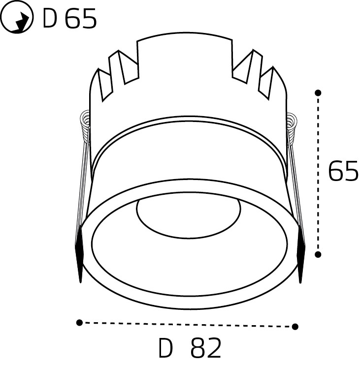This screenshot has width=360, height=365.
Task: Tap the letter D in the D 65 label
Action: (x=50, y=19)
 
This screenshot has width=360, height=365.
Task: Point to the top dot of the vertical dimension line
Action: (x=318, y=92)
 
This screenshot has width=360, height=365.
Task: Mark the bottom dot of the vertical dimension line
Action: (x=318, y=254)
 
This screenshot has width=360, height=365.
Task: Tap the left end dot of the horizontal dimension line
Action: (x=79, y=322)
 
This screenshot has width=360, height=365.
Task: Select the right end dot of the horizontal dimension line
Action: (x=295, y=326)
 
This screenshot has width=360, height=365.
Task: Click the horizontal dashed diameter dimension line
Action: (x=187, y=324)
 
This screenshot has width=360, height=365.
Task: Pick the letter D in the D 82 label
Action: (x=166, y=349)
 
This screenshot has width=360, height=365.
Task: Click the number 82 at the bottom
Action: (x=205, y=349)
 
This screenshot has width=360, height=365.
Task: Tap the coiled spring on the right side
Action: (x=293, y=125)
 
